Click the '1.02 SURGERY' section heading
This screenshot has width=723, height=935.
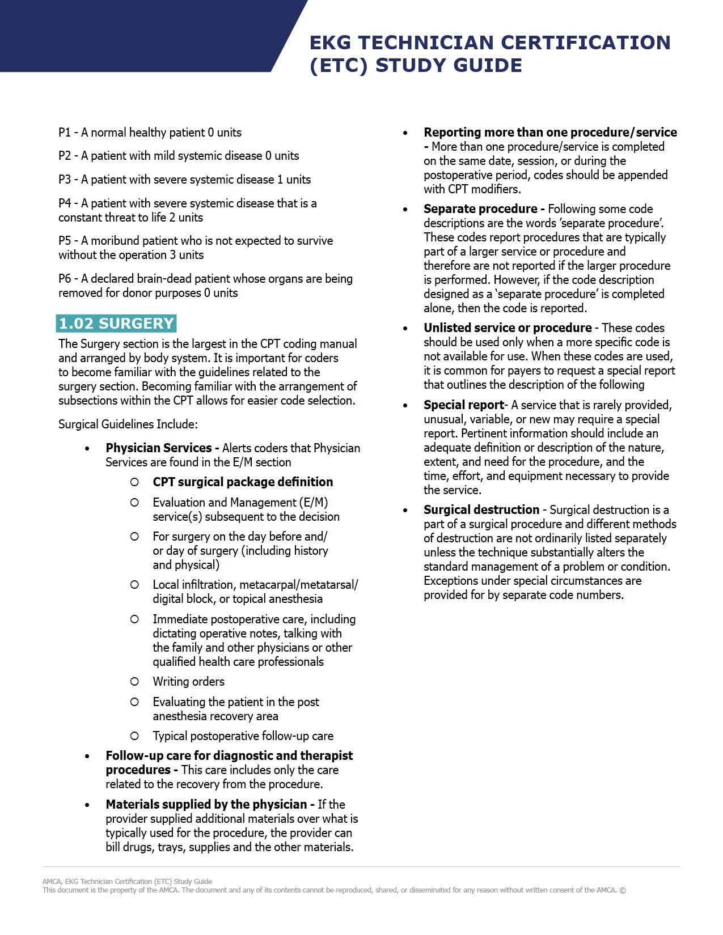coord(116,323)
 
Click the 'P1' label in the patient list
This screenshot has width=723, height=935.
coord(64,133)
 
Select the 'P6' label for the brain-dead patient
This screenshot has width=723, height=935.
coord(65,279)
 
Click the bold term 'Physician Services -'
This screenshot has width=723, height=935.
coord(162,448)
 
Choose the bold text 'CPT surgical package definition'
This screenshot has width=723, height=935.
coord(243,482)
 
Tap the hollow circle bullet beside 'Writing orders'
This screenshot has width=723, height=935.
coord(134,682)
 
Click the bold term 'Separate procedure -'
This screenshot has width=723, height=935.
coord(484,209)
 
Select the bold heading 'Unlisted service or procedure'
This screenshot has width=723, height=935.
coord(508,328)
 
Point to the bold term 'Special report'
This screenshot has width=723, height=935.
coord(464,405)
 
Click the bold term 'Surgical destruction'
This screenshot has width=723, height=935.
coord(481,509)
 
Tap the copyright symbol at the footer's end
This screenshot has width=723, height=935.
coord(623,890)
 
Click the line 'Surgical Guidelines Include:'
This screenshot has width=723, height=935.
coord(128,424)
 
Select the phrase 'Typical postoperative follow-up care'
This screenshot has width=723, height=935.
coord(243,736)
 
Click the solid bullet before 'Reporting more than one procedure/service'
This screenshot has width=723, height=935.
coord(405,133)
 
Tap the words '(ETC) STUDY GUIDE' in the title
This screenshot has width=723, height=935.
coord(416,65)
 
